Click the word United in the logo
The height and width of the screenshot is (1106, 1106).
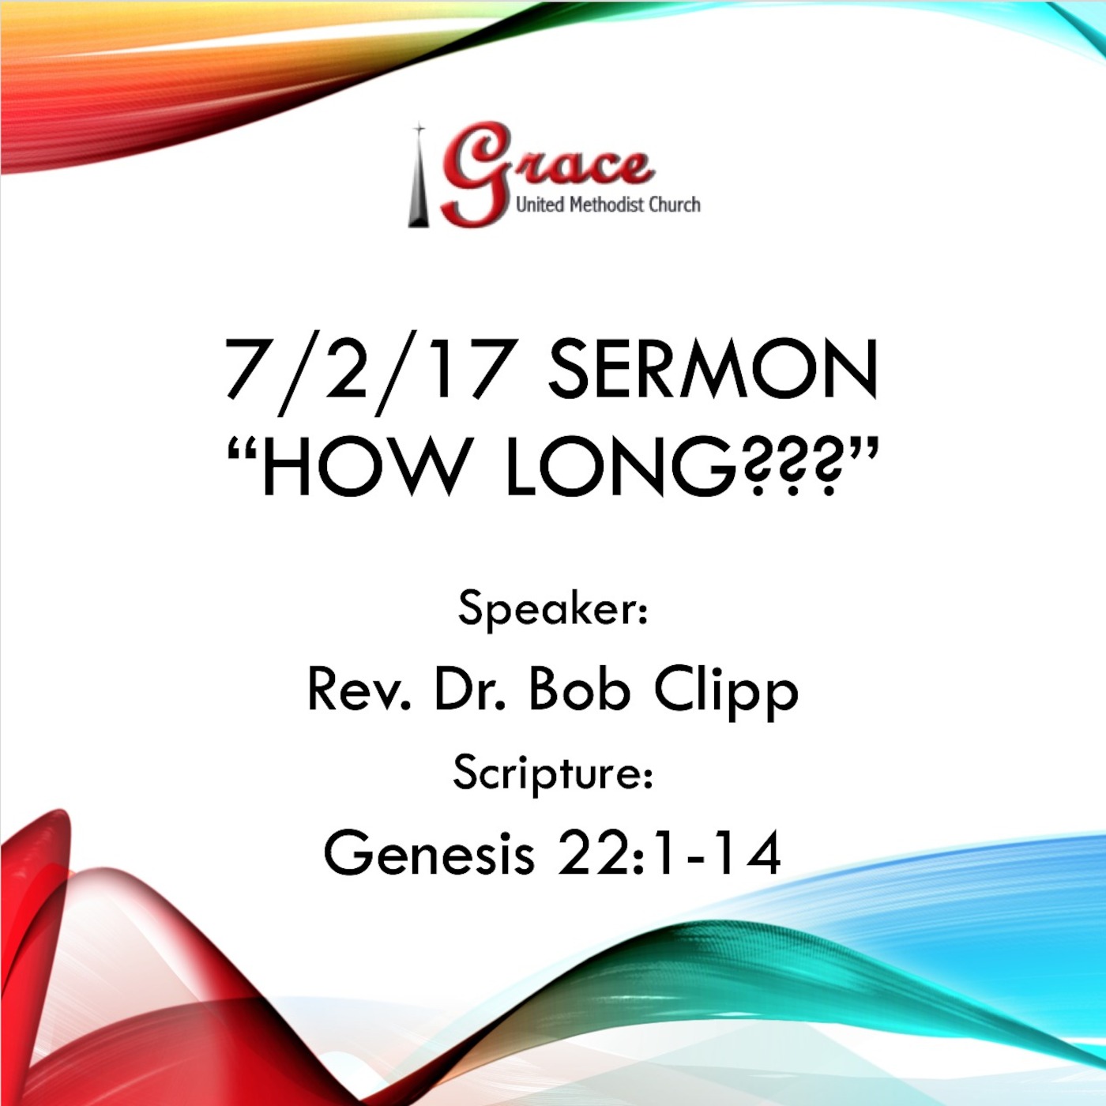(540, 205)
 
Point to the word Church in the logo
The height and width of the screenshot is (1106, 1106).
(675, 205)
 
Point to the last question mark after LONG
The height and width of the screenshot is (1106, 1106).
(826, 468)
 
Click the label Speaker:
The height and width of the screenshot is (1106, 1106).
(553, 609)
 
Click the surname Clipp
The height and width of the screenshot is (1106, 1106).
(726, 691)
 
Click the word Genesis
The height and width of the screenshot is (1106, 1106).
(429, 853)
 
